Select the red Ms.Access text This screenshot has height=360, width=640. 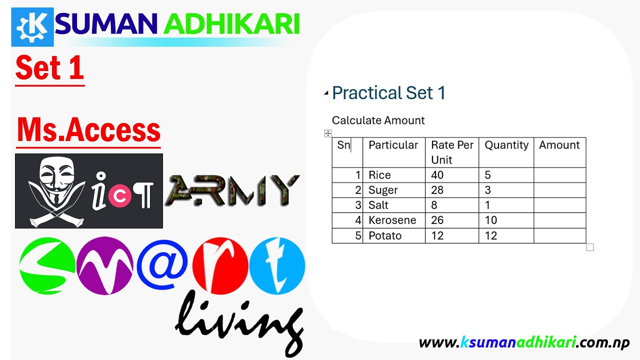click(x=88, y=130)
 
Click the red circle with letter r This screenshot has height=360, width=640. click(x=220, y=265)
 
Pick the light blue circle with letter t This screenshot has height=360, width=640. click(x=276, y=265)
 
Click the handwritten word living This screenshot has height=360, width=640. click(x=240, y=320)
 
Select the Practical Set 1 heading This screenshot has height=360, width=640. click(x=388, y=93)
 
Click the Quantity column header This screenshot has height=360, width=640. click(x=506, y=145)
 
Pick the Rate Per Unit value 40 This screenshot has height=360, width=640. click(x=437, y=175)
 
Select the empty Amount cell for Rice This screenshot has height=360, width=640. click(x=559, y=175)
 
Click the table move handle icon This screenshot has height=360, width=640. click(x=328, y=133)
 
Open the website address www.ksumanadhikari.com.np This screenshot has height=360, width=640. click(x=524, y=343)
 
